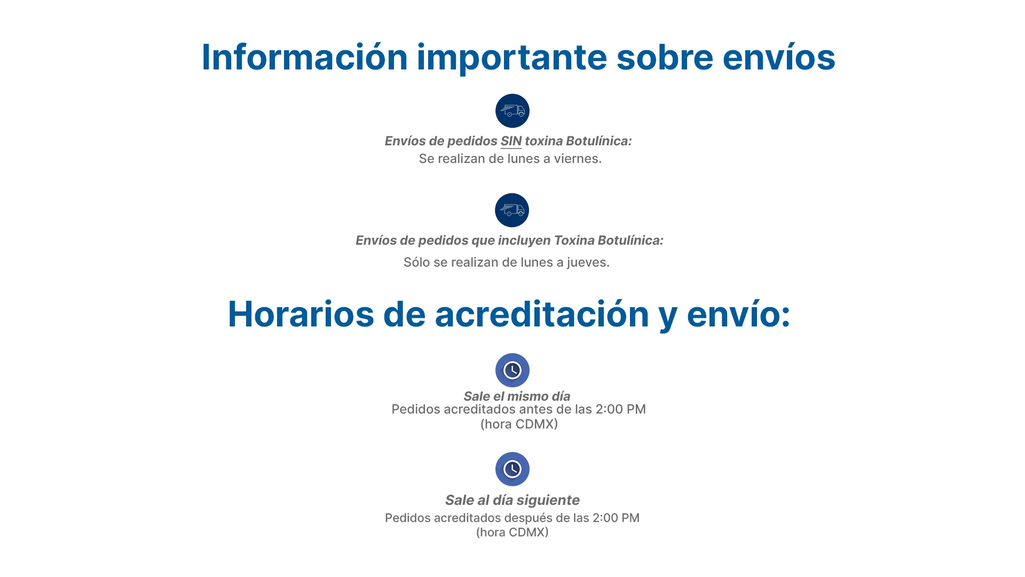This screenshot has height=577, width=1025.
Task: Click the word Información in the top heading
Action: pos(305,57)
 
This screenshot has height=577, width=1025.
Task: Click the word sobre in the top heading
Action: pos(665,57)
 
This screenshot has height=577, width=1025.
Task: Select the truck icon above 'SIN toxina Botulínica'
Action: pos(512,111)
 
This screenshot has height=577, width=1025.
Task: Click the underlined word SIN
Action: pos(511,141)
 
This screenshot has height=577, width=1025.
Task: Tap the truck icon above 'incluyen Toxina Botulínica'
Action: pos(512,210)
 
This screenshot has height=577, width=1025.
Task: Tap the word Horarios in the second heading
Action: pos(301,314)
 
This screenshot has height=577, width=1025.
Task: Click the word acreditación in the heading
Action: pos(542,314)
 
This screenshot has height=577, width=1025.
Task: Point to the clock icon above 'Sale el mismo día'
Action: pos(512,370)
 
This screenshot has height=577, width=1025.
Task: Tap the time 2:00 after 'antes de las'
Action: pos(609,409)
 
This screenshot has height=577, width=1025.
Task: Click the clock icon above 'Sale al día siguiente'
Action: pos(512,470)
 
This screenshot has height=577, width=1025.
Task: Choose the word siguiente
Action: pos(548,501)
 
